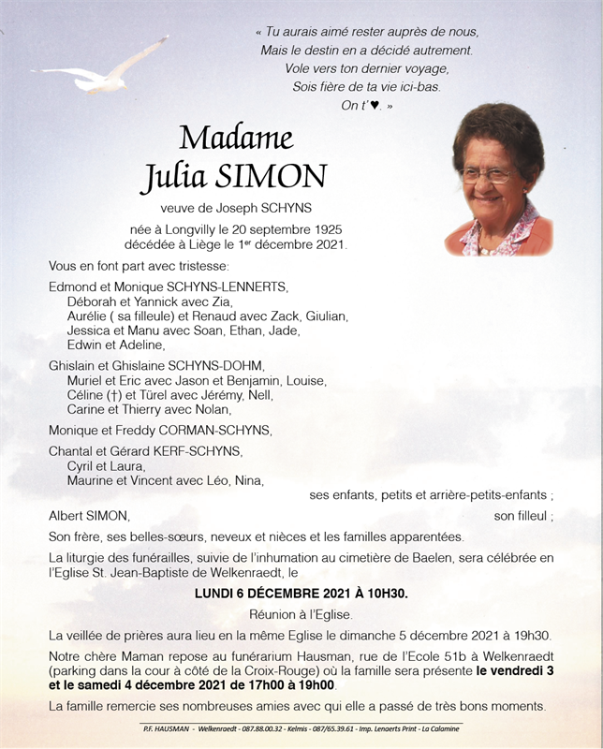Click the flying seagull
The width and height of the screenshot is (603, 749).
pos(103,71)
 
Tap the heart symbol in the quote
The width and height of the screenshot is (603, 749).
pos(375,106)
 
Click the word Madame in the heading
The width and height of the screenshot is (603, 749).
pos(236,138)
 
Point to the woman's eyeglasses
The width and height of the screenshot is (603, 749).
pos(486,175)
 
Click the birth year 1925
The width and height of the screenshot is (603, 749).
pos(325,229)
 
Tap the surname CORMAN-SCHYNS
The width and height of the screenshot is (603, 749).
pos(217,431)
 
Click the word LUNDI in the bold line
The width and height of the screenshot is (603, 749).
pos(216,594)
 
